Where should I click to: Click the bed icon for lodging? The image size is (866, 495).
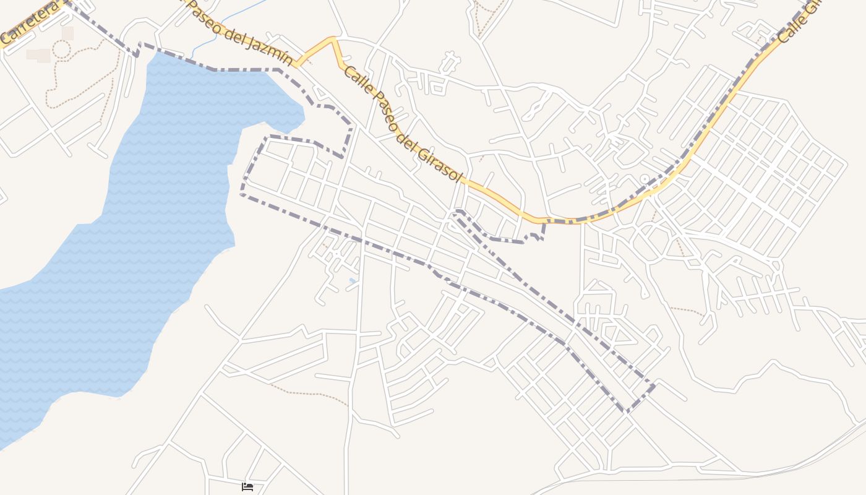coord(247,487)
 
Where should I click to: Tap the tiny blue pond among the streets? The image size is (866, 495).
coord(353,281)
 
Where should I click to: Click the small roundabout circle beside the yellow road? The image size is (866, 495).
coord(645,179)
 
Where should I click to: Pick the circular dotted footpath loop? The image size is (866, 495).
coord(61,49)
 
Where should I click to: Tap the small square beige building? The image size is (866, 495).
coord(67,33)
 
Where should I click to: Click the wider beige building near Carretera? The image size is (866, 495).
coord(38,55)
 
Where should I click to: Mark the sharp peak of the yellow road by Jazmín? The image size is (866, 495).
coord(333,38)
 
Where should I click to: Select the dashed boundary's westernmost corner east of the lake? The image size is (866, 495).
coord(242,194)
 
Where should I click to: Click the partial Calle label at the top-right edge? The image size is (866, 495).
coord(798,22)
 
